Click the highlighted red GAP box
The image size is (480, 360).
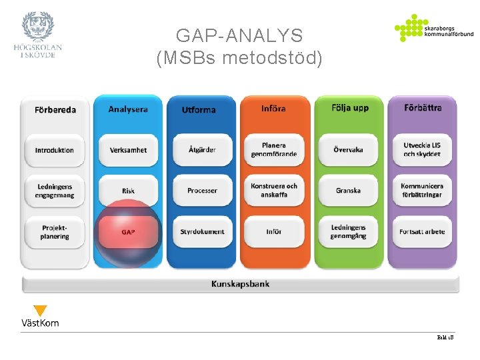click(x=128, y=232)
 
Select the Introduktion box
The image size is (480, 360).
click(x=55, y=150)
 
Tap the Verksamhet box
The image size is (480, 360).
click(x=128, y=150)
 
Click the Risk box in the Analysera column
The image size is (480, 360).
click(x=128, y=191)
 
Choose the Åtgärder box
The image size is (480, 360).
click(x=202, y=150)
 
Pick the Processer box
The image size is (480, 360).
click(x=202, y=191)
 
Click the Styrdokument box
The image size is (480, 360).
click(x=202, y=232)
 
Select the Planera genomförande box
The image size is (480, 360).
click(x=274, y=149)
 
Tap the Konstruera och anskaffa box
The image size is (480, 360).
click(x=274, y=190)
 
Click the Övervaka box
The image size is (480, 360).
click(x=348, y=150)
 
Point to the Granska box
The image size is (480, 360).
click(x=348, y=191)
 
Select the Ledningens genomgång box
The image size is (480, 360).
click(x=348, y=231)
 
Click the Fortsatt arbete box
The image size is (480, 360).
click(x=422, y=232)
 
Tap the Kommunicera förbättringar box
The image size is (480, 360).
click(x=422, y=190)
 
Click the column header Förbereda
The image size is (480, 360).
click(x=55, y=110)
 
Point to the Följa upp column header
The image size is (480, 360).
click(x=350, y=108)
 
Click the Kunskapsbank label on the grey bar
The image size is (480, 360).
click(x=240, y=284)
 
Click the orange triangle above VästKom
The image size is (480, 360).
click(x=40, y=311)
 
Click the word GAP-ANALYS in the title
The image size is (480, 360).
click(x=239, y=36)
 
